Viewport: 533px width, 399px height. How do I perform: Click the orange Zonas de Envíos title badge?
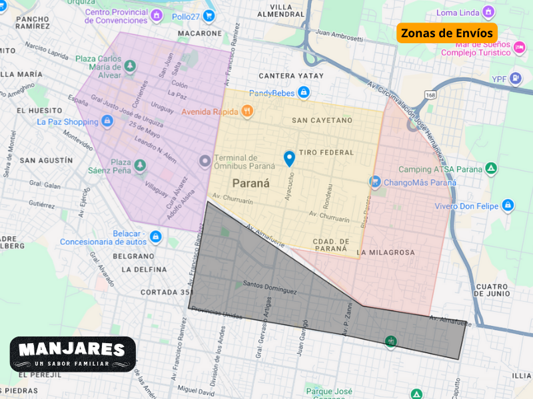[x=447, y=33]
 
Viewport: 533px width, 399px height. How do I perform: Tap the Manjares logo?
[x=73, y=354]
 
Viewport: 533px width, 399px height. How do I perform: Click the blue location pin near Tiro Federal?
[x=289, y=158]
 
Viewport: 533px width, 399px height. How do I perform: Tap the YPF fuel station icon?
[x=516, y=78]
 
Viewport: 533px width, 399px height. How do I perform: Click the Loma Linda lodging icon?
[x=488, y=12]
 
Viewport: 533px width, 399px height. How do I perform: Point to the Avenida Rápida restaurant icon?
[x=247, y=111]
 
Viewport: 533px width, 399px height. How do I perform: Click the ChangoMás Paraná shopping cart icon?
[x=375, y=182]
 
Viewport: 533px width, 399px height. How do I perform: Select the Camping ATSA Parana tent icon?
[x=491, y=169]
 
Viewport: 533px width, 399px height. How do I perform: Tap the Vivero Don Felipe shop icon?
[x=508, y=205]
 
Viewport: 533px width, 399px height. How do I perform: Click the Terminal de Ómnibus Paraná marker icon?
[x=205, y=161]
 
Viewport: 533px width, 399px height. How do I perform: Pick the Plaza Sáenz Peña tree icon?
[x=139, y=165]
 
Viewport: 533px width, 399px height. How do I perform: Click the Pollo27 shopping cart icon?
[x=209, y=15]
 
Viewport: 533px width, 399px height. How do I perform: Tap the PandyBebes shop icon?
[x=304, y=92]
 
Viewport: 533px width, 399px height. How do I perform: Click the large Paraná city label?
[x=251, y=183]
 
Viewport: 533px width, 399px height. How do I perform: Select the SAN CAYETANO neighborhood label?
[x=322, y=120]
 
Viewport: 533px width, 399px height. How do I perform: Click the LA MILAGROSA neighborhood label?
[x=385, y=253]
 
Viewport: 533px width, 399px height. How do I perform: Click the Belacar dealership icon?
[x=156, y=236]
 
